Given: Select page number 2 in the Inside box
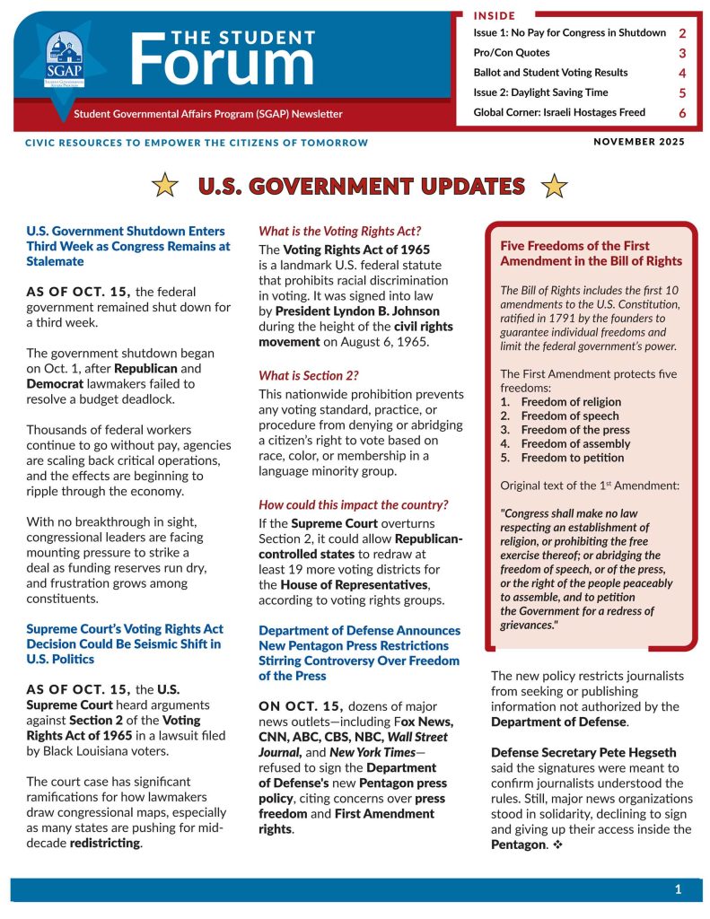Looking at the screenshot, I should [x=682, y=33].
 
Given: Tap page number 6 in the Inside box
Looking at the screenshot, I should [x=682, y=113].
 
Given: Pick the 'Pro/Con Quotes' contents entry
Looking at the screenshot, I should [x=512, y=53].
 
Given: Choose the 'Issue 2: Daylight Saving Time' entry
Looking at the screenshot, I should [x=540, y=92].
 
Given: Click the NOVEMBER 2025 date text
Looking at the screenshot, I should [x=639, y=142].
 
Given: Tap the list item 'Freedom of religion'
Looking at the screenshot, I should [x=571, y=402].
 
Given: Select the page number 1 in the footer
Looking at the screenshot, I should [x=679, y=889].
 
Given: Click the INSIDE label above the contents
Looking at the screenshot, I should [x=495, y=15].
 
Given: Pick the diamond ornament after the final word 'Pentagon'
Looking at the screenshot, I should [x=557, y=845].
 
